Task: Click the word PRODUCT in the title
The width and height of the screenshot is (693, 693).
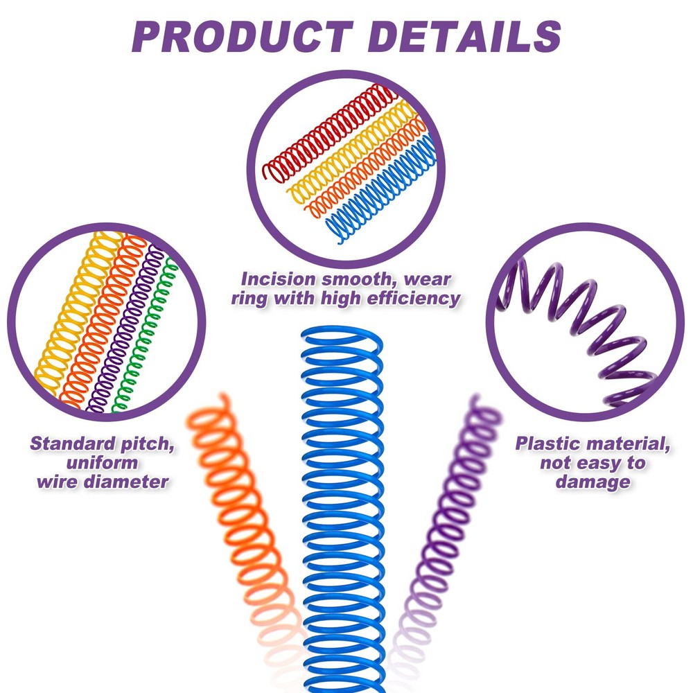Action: click(242, 37)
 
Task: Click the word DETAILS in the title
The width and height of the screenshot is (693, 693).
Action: click(464, 37)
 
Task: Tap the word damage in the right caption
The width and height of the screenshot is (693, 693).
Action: click(593, 482)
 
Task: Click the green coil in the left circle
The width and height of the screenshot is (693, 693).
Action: click(145, 336)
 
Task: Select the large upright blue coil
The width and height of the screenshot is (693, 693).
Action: click(343, 508)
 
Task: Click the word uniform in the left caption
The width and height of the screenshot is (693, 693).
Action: click(102, 463)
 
